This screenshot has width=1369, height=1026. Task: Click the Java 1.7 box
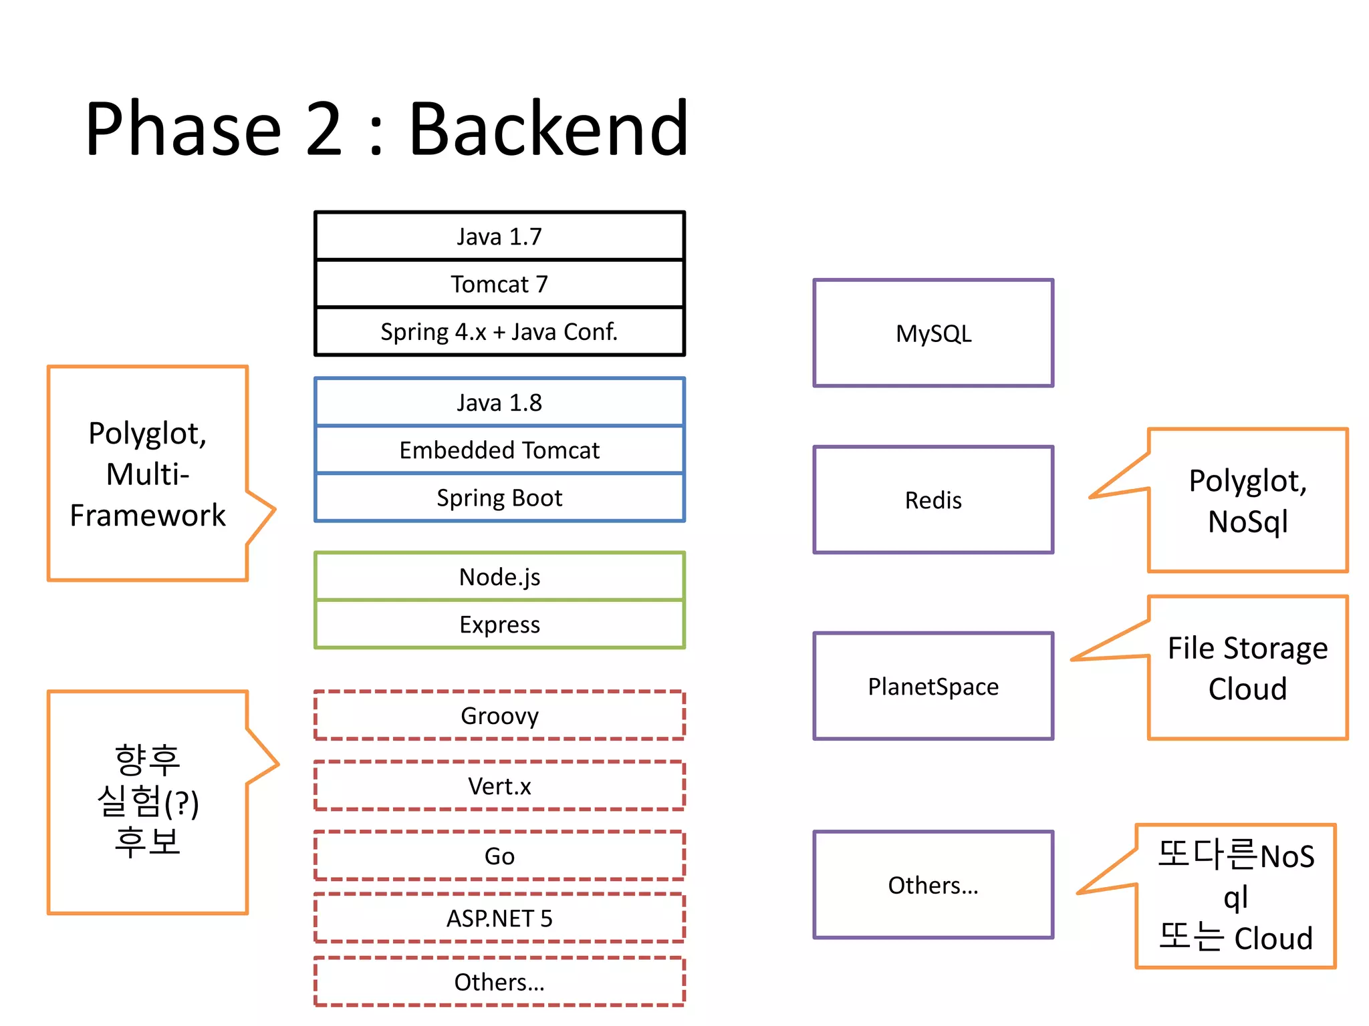[x=499, y=236]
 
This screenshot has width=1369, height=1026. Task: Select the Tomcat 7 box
[x=499, y=284]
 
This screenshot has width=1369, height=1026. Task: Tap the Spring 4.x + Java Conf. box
[x=499, y=331]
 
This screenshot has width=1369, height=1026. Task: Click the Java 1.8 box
[x=499, y=402]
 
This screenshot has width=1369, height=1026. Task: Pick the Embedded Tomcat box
[x=499, y=450]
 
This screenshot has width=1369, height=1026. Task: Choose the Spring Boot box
[x=499, y=498]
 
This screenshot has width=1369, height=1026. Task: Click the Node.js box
[x=499, y=576]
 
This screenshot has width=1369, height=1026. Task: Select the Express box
[x=499, y=625]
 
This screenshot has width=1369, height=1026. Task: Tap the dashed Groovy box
[x=499, y=715]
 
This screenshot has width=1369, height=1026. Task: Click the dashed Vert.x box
[x=499, y=786]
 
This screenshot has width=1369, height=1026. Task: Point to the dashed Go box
[x=499, y=856]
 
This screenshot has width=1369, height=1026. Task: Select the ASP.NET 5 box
[x=499, y=918]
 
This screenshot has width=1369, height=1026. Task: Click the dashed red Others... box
[x=499, y=982]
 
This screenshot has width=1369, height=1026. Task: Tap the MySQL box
[x=933, y=333]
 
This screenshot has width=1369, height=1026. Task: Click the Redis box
[x=933, y=500]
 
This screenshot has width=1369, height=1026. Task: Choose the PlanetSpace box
[x=933, y=686]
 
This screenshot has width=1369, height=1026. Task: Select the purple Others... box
[x=933, y=885]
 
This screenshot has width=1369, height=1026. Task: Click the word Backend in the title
[x=548, y=128]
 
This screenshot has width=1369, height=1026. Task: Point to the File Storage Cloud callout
[x=1247, y=668]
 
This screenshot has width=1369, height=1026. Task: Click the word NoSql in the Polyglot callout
[x=1247, y=522]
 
